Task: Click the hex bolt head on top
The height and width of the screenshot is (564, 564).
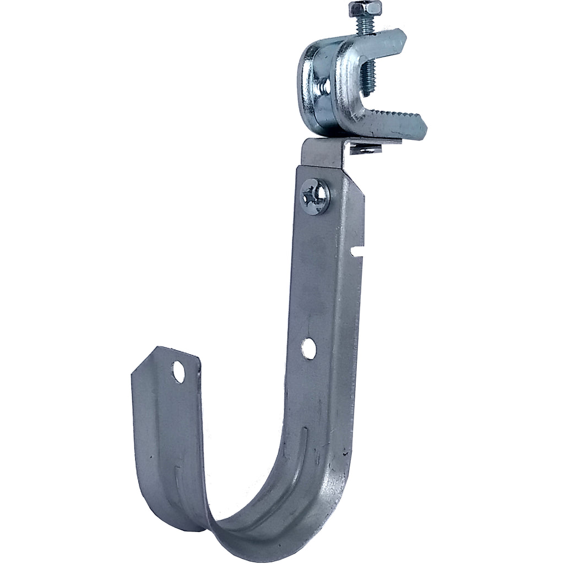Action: pyautogui.click(x=365, y=9)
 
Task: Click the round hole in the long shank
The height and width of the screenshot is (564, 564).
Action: pyautogui.click(x=309, y=348)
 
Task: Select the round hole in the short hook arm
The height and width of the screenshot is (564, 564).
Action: pyautogui.click(x=178, y=372)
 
